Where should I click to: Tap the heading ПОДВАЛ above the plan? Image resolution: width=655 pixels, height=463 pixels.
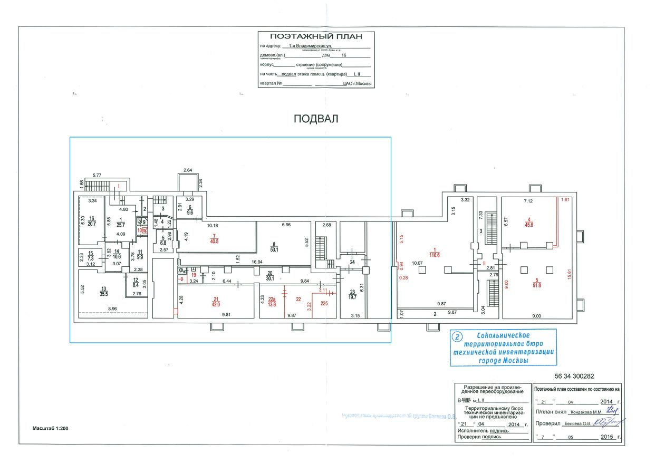pyautogui.click(x=316, y=119)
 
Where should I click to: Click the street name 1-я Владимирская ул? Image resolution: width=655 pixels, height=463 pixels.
pyautogui.click(x=312, y=46)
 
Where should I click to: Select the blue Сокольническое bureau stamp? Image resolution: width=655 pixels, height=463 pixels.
pyautogui.click(x=503, y=348)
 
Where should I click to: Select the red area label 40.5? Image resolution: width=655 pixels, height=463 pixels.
pyautogui.click(x=214, y=242)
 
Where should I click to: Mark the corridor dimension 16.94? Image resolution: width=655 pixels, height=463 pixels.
pyautogui.click(x=257, y=261)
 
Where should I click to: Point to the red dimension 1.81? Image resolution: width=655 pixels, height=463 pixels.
pyautogui.click(x=566, y=200)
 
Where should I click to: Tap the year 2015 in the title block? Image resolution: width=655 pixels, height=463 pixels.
pyautogui.click(x=607, y=438)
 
